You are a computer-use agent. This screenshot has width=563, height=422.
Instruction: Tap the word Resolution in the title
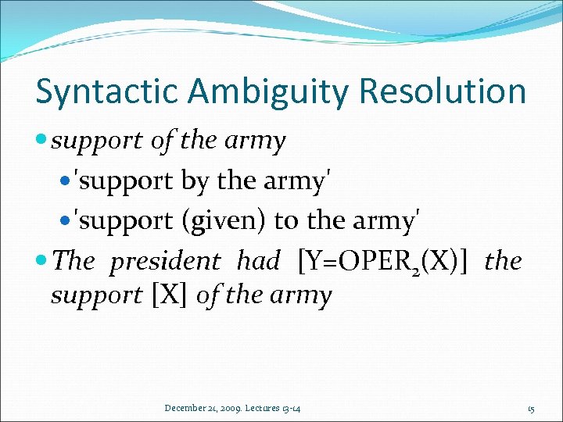(443, 91)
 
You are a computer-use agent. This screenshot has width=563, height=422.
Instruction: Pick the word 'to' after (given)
(287, 221)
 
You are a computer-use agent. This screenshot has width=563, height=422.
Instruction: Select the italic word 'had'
(258, 262)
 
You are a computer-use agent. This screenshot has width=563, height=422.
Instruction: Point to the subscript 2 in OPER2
(416, 269)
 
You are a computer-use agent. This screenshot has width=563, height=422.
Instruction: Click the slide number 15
(531, 409)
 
